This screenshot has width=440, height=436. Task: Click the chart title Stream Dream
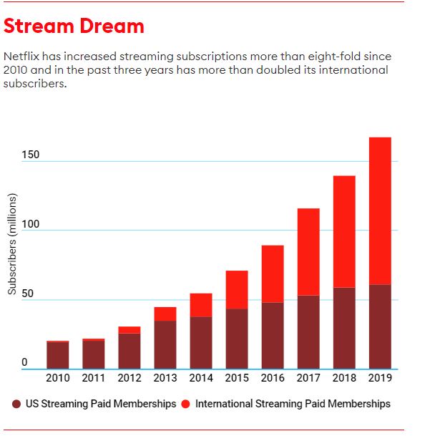click(x=74, y=26)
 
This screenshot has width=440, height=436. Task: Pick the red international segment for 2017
click(x=308, y=251)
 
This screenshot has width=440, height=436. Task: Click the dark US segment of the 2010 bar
click(x=58, y=355)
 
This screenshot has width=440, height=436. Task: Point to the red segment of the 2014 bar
click(x=201, y=305)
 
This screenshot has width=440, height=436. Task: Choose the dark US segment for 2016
click(x=273, y=335)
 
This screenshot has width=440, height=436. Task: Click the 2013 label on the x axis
click(x=165, y=377)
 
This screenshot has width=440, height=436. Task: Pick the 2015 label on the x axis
click(x=237, y=377)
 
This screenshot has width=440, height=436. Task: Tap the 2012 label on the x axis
click(x=129, y=377)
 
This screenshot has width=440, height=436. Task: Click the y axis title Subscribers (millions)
click(x=12, y=244)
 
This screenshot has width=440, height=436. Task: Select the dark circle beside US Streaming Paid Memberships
click(x=17, y=404)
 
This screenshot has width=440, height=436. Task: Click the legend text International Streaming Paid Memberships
click(x=293, y=404)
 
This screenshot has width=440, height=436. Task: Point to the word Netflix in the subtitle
click(x=22, y=56)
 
